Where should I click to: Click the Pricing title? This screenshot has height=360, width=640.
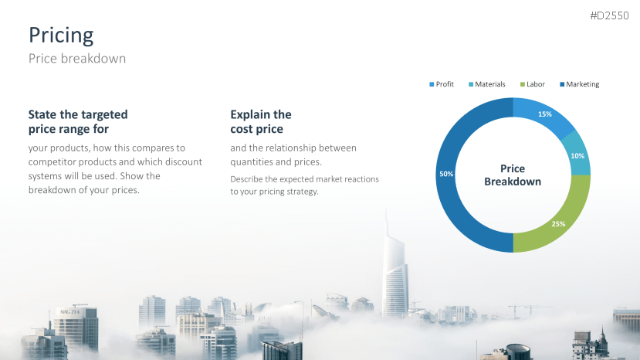click(x=61, y=36)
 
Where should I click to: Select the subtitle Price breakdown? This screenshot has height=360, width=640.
click(x=77, y=59)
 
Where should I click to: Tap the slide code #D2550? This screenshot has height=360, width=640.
click(x=609, y=15)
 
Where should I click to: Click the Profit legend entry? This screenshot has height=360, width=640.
click(x=442, y=84)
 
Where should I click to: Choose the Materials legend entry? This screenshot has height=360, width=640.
click(x=487, y=84)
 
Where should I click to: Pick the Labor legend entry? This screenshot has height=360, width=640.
click(x=532, y=84)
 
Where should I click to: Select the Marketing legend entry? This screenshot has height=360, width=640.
click(x=580, y=84)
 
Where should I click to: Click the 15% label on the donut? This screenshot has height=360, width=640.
click(x=545, y=114)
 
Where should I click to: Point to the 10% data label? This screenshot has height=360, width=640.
click(x=577, y=156)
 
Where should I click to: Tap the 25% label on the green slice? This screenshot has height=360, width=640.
click(x=558, y=224)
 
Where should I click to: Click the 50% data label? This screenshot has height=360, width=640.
click(x=446, y=174)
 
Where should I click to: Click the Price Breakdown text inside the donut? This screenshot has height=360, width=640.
click(x=513, y=175)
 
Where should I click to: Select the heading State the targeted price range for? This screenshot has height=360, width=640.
click(x=78, y=122)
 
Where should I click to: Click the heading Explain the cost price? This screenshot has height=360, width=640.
click(x=261, y=122)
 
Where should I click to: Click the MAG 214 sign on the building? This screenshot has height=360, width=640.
click(x=69, y=312)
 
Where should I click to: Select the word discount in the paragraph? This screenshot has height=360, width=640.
click(x=186, y=161)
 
